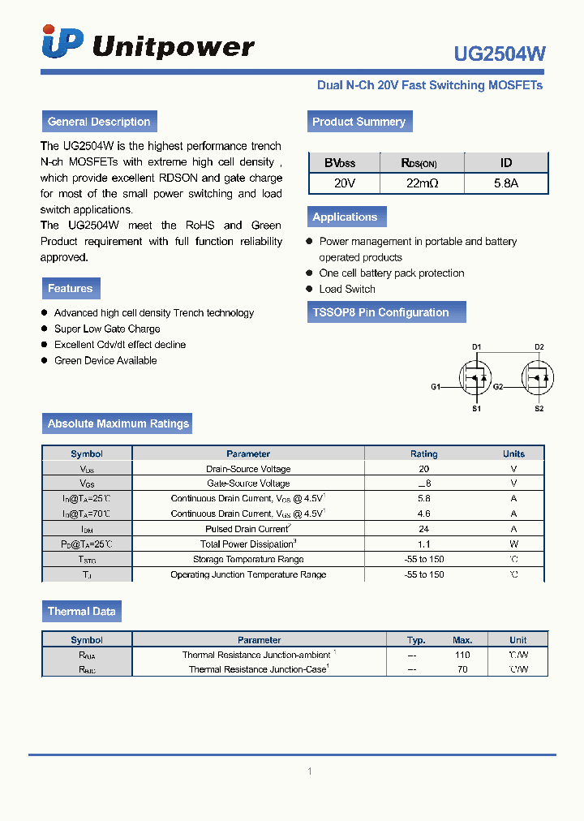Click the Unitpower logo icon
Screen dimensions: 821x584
click(x=62, y=42)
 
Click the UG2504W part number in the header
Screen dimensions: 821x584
click(x=500, y=54)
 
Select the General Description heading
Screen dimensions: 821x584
click(x=99, y=122)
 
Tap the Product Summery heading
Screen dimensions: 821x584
click(x=359, y=122)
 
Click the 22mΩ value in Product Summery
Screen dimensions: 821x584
click(x=422, y=183)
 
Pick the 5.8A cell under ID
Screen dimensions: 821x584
click(x=506, y=183)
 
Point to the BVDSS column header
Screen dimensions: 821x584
click(x=340, y=163)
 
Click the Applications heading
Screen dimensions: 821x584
click(x=345, y=217)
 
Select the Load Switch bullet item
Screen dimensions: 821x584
click(x=347, y=289)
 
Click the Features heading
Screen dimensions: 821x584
click(x=71, y=288)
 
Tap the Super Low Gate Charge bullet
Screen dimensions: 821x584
click(x=107, y=329)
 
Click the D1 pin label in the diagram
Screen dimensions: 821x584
click(x=477, y=347)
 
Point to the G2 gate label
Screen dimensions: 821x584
click(x=498, y=387)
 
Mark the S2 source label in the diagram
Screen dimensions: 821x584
click(x=539, y=409)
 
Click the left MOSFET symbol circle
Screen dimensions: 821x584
click(x=474, y=377)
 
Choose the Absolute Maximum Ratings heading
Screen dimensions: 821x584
click(x=118, y=423)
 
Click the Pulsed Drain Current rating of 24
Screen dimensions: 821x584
click(x=424, y=529)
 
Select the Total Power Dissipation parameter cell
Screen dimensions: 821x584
click(x=248, y=544)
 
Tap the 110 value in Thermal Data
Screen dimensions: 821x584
click(x=462, y=655)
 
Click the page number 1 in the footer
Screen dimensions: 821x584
click(x=309, y=772)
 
